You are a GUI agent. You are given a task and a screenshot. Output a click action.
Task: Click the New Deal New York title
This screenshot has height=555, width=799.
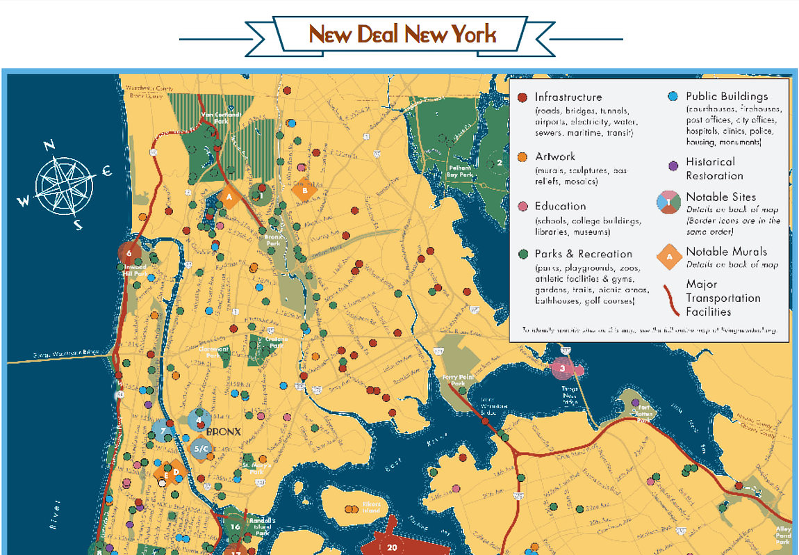[402, 33]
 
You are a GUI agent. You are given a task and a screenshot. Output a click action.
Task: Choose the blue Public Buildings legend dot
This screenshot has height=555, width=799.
[672, 97]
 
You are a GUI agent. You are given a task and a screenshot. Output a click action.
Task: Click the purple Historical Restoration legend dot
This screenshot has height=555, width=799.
[672, 166]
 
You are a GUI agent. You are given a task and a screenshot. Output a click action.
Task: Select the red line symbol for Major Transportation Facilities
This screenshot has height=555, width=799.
[670, 297]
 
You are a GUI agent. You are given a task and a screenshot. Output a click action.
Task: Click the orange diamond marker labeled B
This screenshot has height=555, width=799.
[304, 189]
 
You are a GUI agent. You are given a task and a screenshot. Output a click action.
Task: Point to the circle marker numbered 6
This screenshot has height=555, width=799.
[129, 253]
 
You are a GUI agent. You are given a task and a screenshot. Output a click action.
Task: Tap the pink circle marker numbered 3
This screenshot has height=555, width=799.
[562, 367]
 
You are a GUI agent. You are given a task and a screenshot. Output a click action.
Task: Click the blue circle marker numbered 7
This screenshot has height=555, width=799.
[163, 431]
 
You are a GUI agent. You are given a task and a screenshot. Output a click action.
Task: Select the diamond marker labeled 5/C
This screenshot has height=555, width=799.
[201, 449]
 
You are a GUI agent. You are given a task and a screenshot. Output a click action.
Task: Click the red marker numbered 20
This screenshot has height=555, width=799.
[392, 547]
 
